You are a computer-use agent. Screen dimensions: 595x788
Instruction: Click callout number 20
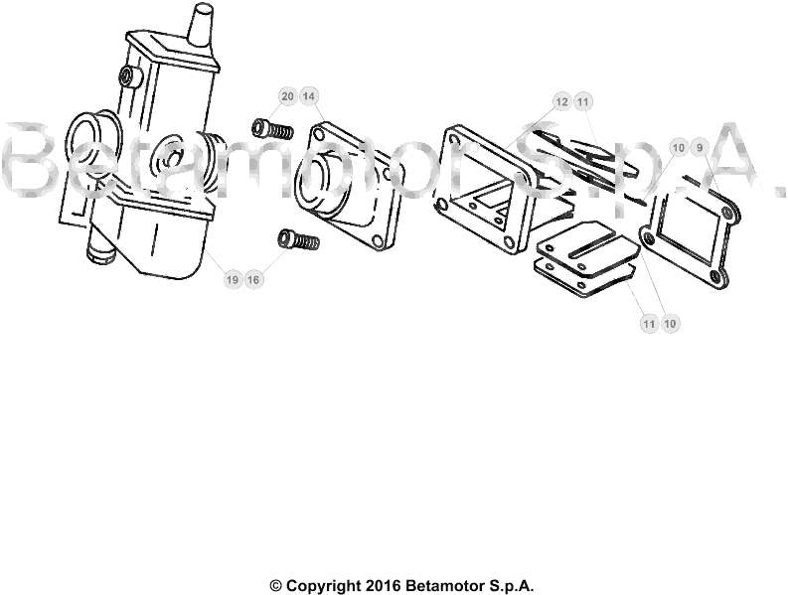click(x=287, y=96)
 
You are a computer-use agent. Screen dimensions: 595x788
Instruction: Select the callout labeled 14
click(x=309, y=96)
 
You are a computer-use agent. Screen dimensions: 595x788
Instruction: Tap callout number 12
click(x=561, y=101)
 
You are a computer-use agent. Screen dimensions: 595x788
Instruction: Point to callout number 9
click(x=699, y=148)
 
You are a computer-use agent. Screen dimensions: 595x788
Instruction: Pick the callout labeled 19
click(x=232, y=280)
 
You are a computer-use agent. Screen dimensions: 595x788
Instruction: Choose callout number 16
click(x=253, y=280)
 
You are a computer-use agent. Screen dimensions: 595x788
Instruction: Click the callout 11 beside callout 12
click(x=583, y=101)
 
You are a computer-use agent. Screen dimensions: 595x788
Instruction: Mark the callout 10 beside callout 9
click(x=678, y=148)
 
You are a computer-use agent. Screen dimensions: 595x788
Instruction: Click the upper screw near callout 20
click(x=270, y=129)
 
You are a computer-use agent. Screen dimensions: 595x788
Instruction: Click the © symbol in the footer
click(x=276, y=586)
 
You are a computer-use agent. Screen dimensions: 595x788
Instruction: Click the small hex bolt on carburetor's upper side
click(x=126, y=76)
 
